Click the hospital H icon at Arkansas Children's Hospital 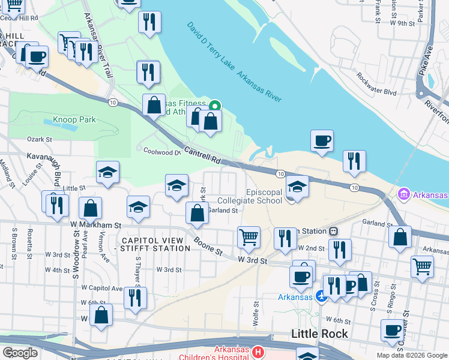[258, 352]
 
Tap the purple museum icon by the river [403, 195]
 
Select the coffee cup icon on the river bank [322, 141]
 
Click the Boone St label [208, 247]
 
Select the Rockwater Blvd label [376, 85]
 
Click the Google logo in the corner [20, 352]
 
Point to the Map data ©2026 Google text [412, 355]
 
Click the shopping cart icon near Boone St [249, 237]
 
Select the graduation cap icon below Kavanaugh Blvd [108, 172]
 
